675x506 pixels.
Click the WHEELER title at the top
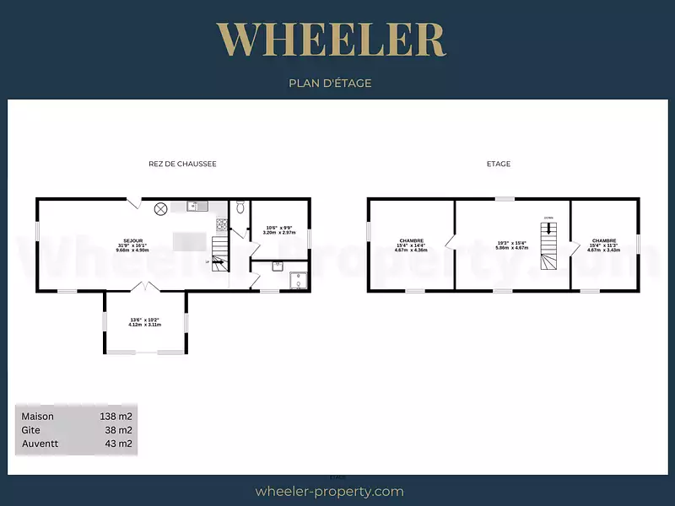(x=331, y=40)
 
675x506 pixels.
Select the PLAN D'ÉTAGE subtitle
(x=330, y=83)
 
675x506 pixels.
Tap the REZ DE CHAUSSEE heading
(x=182, y=164)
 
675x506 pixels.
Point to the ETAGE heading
(x=498, y=164)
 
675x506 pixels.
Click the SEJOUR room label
(x=126, y=241)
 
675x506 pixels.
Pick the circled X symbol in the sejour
(x=159, y=208)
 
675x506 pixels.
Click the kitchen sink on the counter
(x=197, y=206)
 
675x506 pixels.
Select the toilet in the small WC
(x=240, y=207)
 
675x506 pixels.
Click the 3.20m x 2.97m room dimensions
(x=279, y=231)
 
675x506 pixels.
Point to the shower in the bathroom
(x=296, y=278)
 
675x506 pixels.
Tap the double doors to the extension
(x=145, y=288)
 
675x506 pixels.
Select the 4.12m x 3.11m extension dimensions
(x=144, y=324)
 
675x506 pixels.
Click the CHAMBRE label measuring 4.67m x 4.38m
(x=412, y=245)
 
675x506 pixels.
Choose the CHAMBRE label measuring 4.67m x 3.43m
(x=604, y=245)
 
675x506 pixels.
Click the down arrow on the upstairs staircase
(x=548, y=229)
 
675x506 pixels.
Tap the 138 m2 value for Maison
(x=116, y=416)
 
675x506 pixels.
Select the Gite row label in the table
(x=31, y=429)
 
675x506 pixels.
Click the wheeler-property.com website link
(x=329, y=491)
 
